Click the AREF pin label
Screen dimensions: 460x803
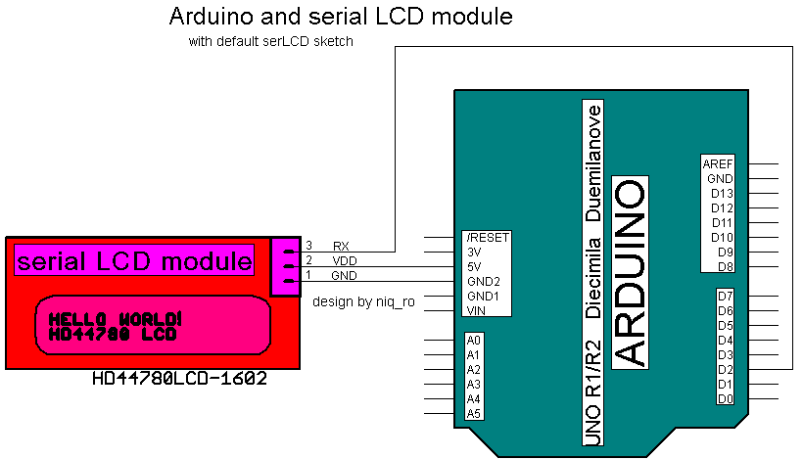pos(718,163)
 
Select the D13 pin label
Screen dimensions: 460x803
pos(722,193)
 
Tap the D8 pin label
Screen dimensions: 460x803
pos(726,266)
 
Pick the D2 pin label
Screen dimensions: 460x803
pos(726,369)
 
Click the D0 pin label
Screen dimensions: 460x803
pos(726,398)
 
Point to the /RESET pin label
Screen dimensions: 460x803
pos(488,237)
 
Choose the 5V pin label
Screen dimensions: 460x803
pos(475,266)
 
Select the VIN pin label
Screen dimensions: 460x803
pos(477,310)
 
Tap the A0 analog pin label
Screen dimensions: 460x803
pos(474,340)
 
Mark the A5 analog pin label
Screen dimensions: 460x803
pos(474,413)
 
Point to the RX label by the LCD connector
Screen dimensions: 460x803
pos(341,246)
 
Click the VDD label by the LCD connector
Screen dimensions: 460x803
pos(344,260)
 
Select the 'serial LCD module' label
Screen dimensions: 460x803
pos(134,260)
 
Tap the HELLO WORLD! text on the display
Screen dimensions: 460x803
pos(115,319)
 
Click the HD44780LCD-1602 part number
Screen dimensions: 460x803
pos(179,378)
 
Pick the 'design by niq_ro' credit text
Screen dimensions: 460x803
pos(363,301)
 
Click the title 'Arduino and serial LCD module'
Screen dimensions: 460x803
pos(341,17)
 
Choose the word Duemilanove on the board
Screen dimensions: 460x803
pos(592,161)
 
